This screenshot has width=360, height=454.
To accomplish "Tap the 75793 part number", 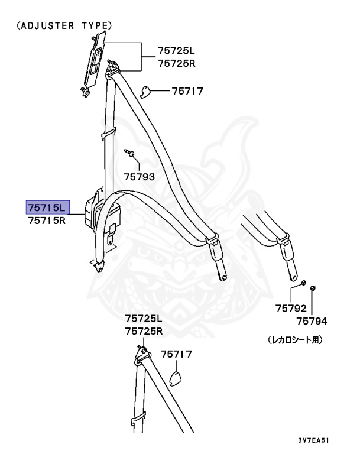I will [139, 176].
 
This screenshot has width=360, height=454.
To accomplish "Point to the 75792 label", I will [291, 309].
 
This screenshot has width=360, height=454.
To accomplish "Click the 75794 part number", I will [312, 321].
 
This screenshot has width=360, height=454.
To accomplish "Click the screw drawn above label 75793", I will [131, 154].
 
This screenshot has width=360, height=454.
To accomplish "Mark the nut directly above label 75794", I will [313, 288].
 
